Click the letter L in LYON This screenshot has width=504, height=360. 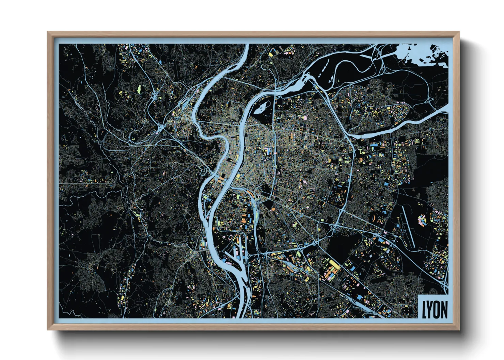(x=424, y=310)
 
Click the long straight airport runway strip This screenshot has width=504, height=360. (x=408, y=226)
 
